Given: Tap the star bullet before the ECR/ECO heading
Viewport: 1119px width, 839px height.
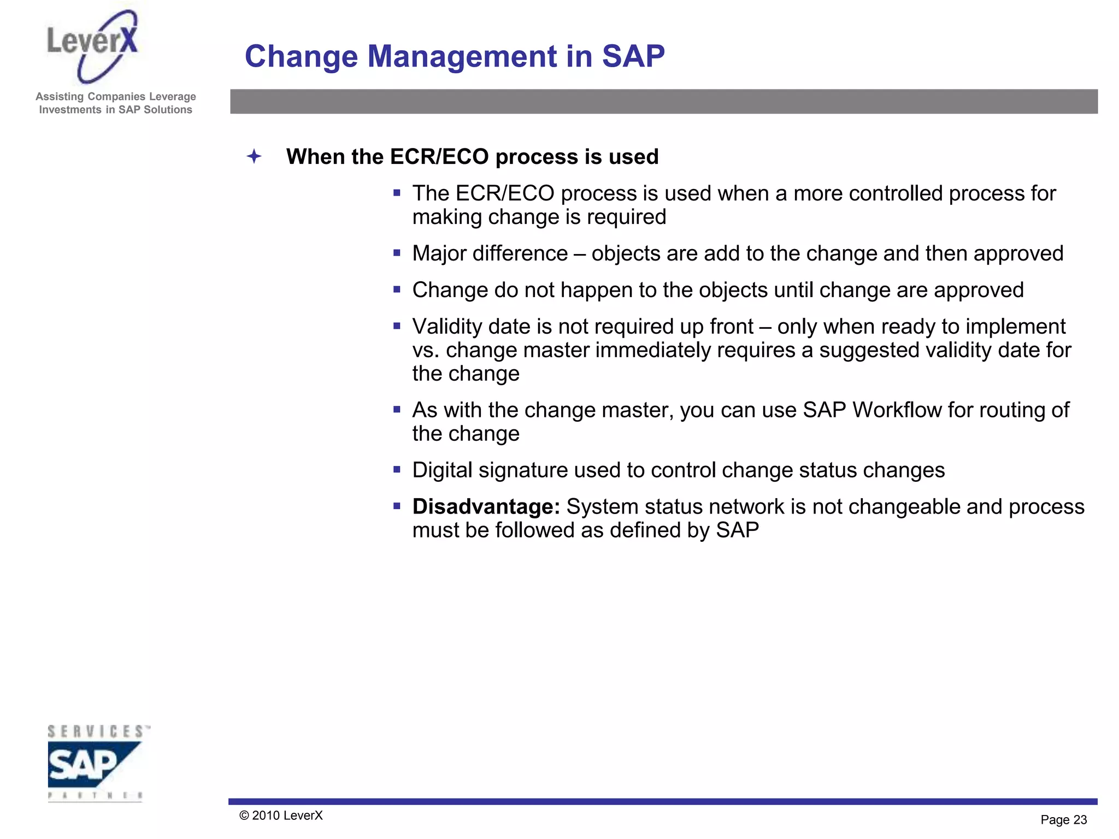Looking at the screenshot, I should pos(254,157).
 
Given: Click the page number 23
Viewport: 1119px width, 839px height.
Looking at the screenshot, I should pos(1080,820).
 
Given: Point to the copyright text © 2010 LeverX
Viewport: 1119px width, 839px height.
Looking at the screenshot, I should pos(281,816).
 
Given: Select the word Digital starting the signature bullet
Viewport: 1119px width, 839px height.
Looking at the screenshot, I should pos(442,470).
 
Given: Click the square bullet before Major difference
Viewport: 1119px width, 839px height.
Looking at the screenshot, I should pos(397,253).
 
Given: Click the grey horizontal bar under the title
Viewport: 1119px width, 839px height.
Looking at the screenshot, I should pos(663,102).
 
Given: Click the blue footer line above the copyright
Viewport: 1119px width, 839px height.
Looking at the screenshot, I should pos(662,801).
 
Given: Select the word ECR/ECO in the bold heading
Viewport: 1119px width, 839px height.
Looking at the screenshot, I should pos(439,157).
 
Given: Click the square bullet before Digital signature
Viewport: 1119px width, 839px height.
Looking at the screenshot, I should pos(397,469).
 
